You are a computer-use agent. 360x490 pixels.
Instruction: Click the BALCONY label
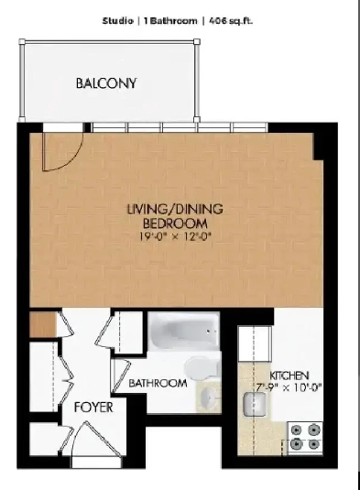coord(106,83)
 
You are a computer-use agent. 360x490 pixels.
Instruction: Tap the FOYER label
coord(93,408)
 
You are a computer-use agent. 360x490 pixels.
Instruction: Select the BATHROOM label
coord(158,383)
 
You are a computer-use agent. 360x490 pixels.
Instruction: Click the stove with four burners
coord(305,437)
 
